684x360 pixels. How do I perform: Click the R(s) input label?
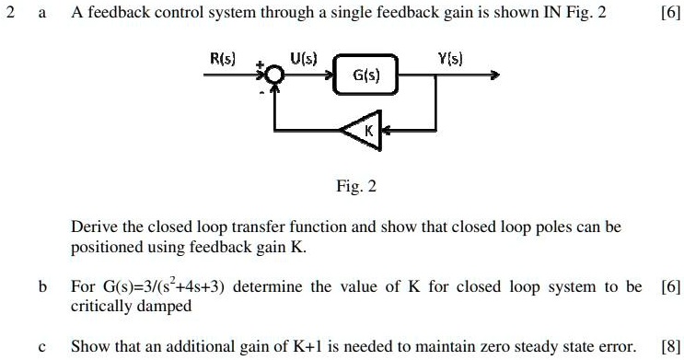pyautogui.click(x=222, y=58)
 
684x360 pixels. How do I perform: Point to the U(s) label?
pyautogui.click(x=304, y=58)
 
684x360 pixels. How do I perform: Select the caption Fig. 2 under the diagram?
pyautogui.click(x=356, y=187)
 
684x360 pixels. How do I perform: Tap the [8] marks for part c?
pyautogui.click(x=669, y=346)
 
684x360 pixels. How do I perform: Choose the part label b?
pyautogui.click(x=42, y=287)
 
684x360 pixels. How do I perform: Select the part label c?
pyautogui.click(x=42, y=346)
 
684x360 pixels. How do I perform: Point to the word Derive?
pyautogui.click(x=94, y=226)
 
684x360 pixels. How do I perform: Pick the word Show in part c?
pyautogui.click(x=89, y=346)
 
